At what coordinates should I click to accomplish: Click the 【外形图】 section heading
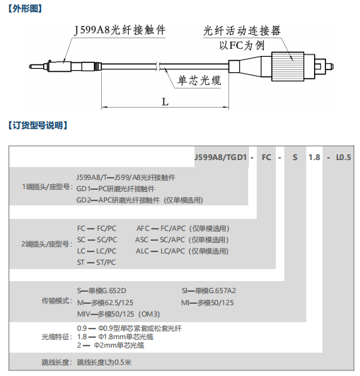25,8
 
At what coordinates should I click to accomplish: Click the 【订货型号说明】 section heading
38,125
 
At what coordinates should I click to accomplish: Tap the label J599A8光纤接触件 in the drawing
120,30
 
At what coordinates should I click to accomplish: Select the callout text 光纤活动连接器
242,30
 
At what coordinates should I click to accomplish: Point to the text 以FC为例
242,45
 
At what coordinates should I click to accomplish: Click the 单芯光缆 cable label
199,80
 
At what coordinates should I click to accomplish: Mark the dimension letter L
166,102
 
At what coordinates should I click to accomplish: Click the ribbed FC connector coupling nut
288,67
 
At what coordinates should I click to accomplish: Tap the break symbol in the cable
158,67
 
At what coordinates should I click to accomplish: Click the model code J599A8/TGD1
221,157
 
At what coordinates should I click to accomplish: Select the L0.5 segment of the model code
344,157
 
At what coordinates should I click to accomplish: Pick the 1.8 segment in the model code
314,157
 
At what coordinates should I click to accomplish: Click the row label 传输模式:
57,301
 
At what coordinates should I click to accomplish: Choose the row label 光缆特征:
57,337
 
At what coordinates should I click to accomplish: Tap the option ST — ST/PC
96,262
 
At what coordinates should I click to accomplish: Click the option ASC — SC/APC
160,239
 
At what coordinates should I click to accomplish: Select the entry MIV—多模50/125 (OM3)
118,314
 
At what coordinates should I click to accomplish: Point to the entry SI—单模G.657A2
209,290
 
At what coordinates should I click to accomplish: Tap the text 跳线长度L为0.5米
104,362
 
